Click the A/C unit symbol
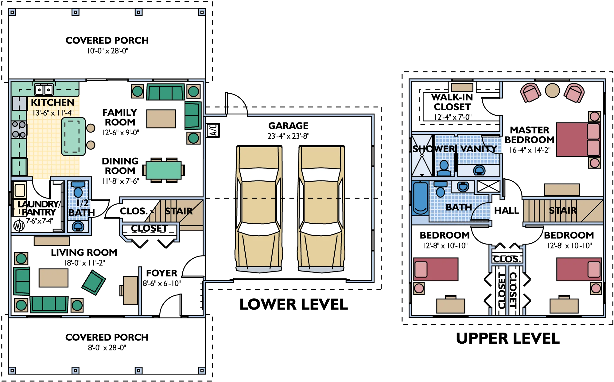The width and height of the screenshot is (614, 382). click(212, 130)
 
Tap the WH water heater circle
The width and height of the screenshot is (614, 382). click(19, 226)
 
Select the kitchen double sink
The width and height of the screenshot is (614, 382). click(44, 90)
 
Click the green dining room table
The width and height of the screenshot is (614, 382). click(164, 170)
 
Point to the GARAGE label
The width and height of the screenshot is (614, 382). click(288, 126)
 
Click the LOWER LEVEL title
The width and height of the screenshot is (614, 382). click(293, 304)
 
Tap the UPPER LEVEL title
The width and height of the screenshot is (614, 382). click(508, 338)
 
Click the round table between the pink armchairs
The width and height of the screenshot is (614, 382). click(552, 91)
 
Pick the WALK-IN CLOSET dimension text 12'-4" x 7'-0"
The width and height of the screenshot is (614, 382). click(453, 117)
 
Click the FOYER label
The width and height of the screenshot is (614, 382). click(161, 273)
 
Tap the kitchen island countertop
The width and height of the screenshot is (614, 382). click(73, 137)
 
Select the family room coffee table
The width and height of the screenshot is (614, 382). click(161, 119)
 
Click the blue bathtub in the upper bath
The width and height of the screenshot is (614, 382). click(420, 198)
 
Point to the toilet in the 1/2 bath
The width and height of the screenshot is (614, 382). click(78, 189)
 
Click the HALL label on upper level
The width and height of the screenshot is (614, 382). click(507, 210)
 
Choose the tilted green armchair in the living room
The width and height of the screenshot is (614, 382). click(94, 283)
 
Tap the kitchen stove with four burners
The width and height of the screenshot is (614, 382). click(19, 129)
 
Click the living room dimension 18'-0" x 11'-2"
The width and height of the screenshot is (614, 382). click(84, 263)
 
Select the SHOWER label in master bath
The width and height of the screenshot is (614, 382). click(433, 149)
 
